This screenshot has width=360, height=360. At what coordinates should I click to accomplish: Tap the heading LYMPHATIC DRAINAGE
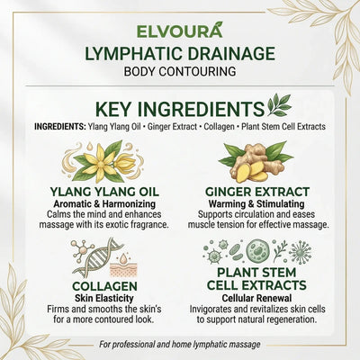coord(179,52)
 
